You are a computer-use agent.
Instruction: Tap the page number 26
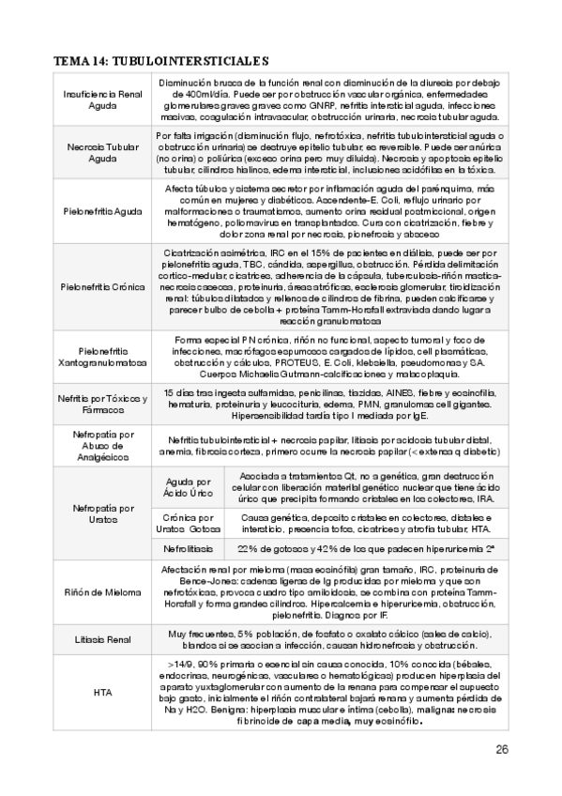[501, 748]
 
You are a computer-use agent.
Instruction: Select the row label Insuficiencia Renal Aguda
[102, 100]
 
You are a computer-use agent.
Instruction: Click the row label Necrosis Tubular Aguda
[102, 152]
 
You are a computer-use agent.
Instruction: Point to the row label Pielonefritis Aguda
[102, 211]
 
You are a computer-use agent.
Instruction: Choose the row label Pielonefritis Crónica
[102, 286]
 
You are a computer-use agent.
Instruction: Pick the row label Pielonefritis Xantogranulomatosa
[102, 358]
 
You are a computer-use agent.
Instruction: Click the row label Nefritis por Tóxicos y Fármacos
[102, 405]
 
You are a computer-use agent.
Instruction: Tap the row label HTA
[102, 693]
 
